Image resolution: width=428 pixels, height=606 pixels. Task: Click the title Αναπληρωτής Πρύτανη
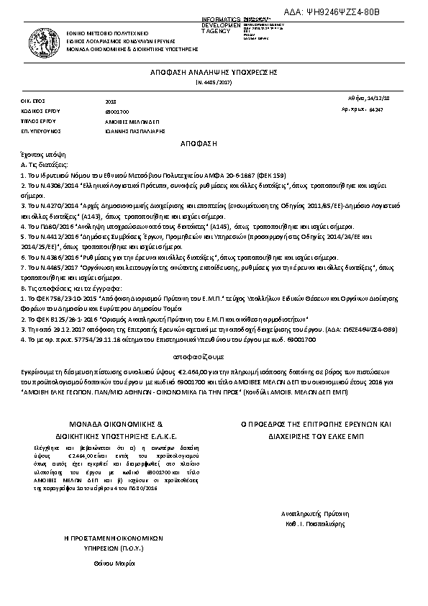coord(312,515)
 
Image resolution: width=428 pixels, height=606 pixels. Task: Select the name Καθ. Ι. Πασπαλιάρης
coord(312,525)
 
